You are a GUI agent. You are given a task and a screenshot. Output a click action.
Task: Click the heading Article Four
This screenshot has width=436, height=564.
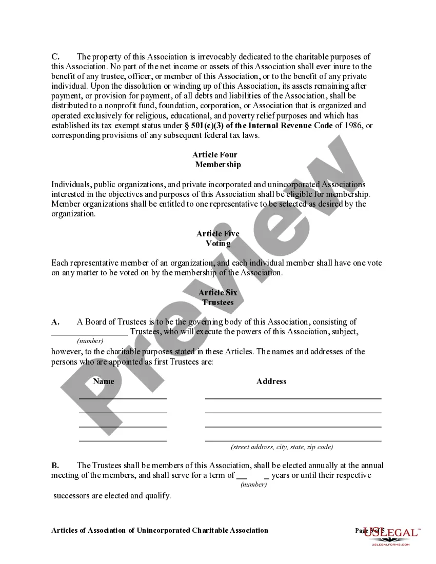214,155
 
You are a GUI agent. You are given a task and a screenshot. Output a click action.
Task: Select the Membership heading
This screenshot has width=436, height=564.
217,165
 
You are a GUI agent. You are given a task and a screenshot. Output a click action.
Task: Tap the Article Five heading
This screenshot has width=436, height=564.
217,234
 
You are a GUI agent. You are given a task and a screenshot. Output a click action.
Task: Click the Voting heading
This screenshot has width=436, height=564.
218,244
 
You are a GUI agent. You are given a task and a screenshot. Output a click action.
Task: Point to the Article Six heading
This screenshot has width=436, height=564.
217,293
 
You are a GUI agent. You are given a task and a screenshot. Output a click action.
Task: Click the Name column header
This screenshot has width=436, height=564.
104,381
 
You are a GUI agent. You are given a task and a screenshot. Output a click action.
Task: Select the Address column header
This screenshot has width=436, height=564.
271,381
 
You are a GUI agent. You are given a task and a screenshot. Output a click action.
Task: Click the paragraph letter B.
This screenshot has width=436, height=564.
55,466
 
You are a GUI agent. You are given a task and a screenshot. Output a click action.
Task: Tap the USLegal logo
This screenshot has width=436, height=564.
392,534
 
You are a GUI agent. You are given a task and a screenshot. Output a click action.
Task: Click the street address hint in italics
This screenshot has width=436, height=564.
282,447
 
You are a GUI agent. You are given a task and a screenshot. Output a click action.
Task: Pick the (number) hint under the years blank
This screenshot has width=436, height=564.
253,485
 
